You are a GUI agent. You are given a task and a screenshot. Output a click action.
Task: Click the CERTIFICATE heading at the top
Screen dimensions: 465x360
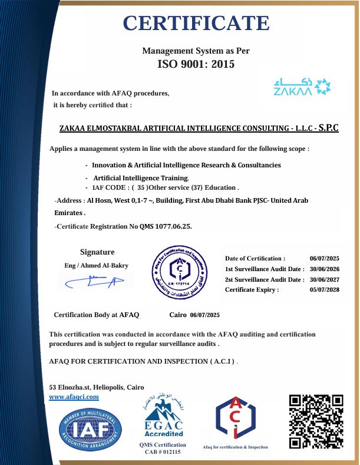196,23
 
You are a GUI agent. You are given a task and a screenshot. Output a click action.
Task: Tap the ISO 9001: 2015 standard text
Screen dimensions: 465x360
196,64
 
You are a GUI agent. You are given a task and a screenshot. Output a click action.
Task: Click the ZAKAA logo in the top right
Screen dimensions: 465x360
302,86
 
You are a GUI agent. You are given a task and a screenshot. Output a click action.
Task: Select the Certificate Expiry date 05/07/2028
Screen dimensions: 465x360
325,290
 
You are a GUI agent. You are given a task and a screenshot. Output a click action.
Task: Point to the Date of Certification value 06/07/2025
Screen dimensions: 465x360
325,258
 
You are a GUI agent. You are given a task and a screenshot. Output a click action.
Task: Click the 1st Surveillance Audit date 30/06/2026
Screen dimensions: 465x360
325,269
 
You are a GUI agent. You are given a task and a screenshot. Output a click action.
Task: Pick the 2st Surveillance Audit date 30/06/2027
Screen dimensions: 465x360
325,279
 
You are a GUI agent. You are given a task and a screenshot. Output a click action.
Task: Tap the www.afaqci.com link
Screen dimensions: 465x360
74,397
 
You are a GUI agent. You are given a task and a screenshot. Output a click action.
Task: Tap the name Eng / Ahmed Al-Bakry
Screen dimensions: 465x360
96,265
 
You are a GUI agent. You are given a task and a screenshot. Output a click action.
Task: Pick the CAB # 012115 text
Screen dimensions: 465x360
163,452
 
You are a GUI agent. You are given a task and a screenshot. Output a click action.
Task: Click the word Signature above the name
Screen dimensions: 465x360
97,252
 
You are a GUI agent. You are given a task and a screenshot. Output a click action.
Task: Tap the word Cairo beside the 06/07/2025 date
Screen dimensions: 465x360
177,315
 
